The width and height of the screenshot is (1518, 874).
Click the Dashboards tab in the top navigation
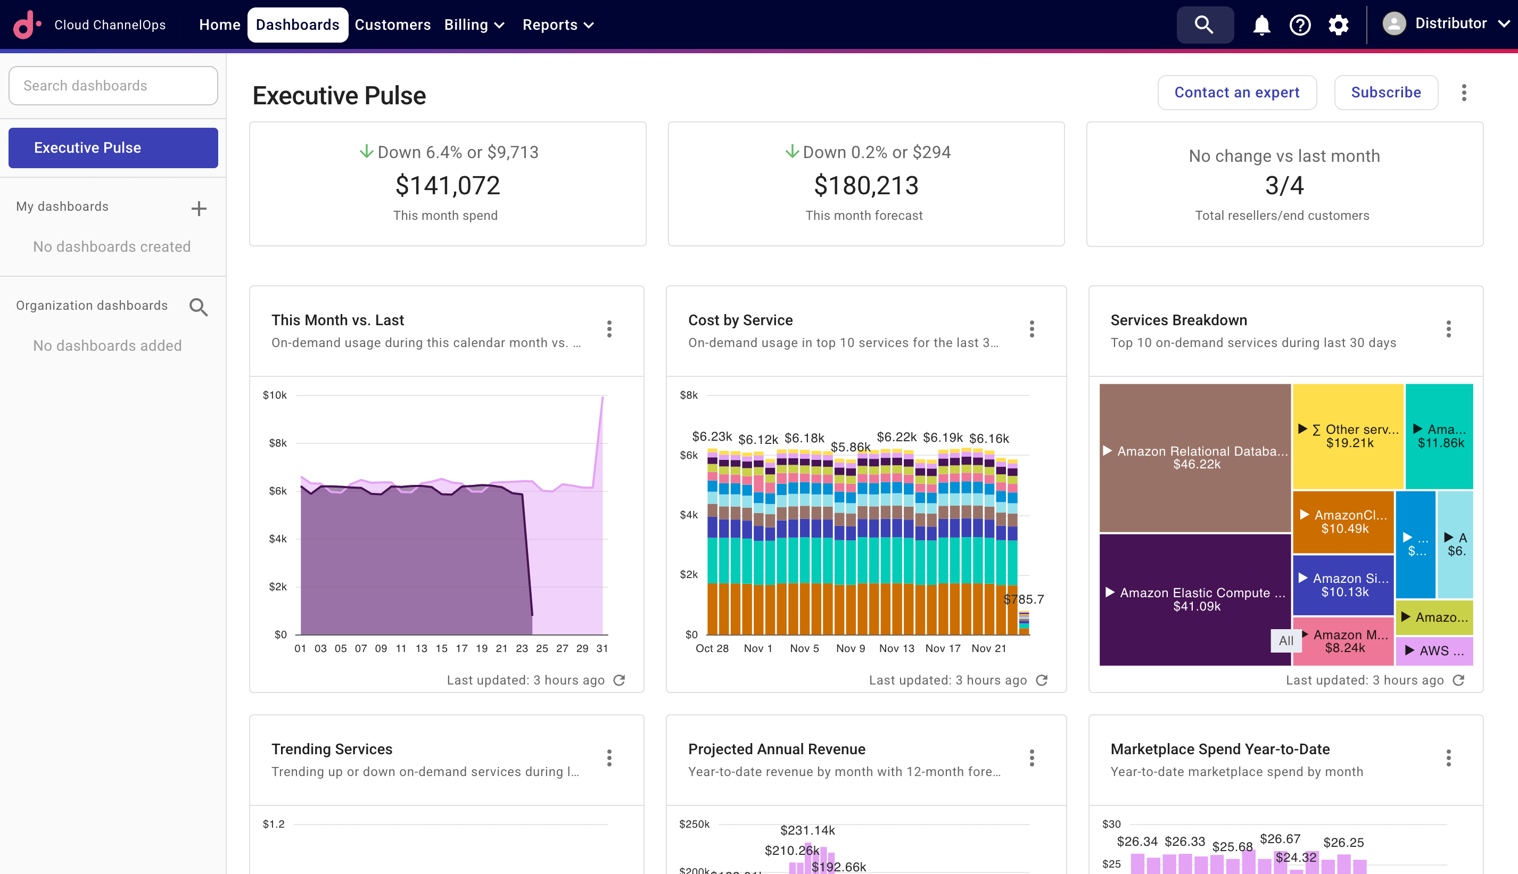[297, 24]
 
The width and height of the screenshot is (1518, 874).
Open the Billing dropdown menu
[474, 24]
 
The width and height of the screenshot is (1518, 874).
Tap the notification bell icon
[1261, 24]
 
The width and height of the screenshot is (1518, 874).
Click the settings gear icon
[1338, 24]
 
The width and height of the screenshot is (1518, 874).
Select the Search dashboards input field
[113, 86]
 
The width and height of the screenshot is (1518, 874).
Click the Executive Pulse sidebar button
[113, 147]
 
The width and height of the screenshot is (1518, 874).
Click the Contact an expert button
[1236, 93]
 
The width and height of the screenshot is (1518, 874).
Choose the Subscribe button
[1385, 93]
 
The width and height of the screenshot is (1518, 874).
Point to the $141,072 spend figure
[447, 185]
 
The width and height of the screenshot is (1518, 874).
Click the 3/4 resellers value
[1284, 185]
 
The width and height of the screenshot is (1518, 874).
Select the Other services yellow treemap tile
[1348, 436]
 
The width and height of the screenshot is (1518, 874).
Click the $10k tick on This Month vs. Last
[274, 395]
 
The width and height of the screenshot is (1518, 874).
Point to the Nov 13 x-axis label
[896, 648]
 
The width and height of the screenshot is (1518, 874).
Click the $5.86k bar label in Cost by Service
[850, 447]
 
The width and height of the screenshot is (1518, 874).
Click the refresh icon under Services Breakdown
[1458, 680]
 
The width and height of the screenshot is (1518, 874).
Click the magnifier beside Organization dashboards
[199, 307]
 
